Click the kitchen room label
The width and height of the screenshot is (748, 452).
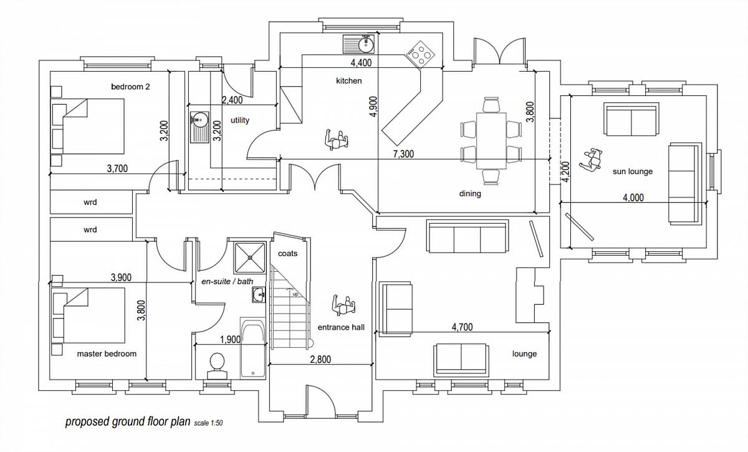[x=348, y=81]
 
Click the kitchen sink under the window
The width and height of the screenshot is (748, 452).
[x=358, y=44]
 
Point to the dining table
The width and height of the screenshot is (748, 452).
[x=492, y=140]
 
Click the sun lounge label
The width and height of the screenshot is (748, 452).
[x=632, y=171]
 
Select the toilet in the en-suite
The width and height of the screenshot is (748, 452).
[x=217, y=363]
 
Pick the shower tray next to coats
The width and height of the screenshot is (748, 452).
[x=250, y=256]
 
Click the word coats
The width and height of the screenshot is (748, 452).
[x=287, y=254]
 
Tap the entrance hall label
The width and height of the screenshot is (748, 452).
[x=340, y=327]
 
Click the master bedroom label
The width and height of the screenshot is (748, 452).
[x=107, y=353]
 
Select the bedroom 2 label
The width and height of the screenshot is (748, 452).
[x=130, y=87]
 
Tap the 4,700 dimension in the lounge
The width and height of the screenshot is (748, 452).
[x=461, y=326]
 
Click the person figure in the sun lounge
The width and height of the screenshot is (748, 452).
[x=589, y=160]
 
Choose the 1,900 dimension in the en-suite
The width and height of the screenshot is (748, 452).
[x=230, y=339]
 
